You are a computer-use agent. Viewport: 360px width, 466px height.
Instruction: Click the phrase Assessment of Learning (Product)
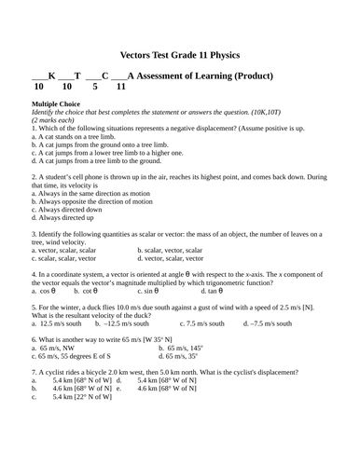(x=205, y=75)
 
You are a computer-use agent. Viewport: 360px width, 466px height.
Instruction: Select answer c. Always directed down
(x=69, y=210)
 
